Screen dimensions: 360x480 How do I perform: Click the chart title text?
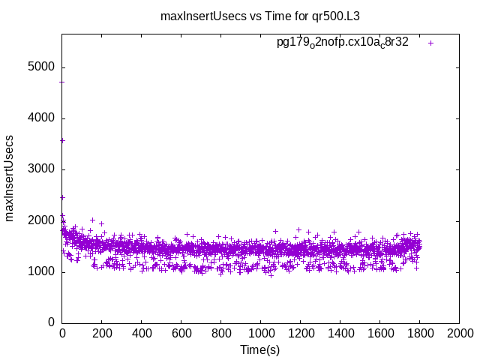pyautogui.click(x=260, y=15)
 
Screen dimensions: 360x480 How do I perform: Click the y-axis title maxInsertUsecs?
pyautogui.click(x=10, y=178)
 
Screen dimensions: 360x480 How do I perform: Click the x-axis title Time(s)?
pyautogui.click(x=259, y=349)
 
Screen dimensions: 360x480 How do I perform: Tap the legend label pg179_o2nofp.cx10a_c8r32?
pyautogui.click(x=343, y=43)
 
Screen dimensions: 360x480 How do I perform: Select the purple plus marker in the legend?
pyautogui.click(x=430, y=43)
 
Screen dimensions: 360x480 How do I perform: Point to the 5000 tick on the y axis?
pyautogui.click(x=42, y=67)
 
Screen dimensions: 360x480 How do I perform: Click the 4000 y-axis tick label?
pyautogui.click(x=42, y=118)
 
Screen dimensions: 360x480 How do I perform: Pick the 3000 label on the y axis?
pyautogui.click(x=42, y=169)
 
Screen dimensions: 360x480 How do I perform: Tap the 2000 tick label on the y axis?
pyautogui.click(x=42, y=220)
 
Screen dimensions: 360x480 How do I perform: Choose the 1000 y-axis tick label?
pyautogui.click(x=42, y=271)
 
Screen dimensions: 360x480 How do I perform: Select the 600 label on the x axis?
pyautogui.click(x=181, y=333)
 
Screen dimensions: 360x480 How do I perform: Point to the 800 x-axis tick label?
pyautogui.click(x=220, y=333)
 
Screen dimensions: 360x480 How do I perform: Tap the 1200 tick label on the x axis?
pyautogui.click(x=300, y=333)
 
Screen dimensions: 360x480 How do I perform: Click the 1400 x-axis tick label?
pyautogui.click(x=340, y=333)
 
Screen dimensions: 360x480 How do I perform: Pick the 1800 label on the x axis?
pyautogui.click(x=419, y=333)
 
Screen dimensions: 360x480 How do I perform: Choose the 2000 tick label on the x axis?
pyautogui.click(x=459, y=333)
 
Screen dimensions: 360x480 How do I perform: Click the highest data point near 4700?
pyautogui.click(x=62, y=82)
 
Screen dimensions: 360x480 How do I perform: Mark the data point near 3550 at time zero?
pyautogui.click(x=62, y=140)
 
